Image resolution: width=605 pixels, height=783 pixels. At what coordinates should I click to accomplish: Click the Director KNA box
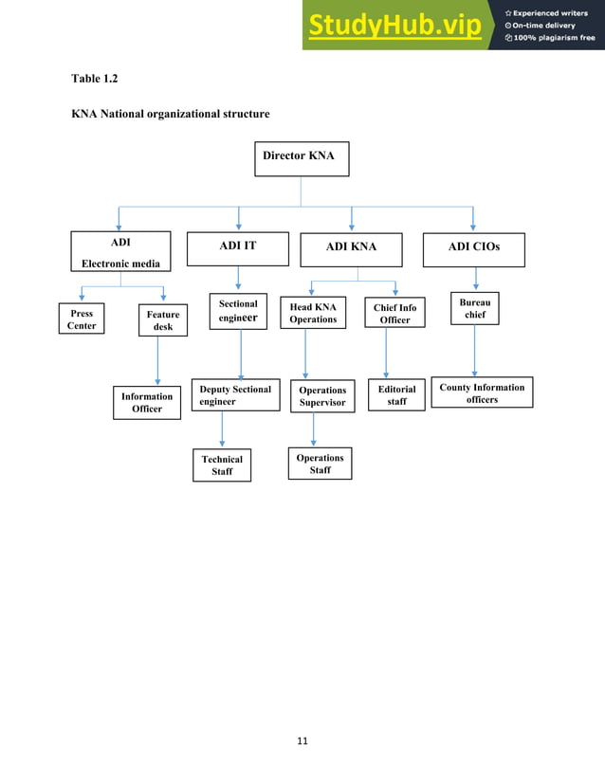click(x=302, y=157)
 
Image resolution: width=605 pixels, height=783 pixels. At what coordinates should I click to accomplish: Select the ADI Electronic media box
click(x=119, y=252)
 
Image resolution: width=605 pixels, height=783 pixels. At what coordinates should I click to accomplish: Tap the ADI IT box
click(x=238, y=247)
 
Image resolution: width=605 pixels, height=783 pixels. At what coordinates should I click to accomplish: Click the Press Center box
click(x=82, y=319)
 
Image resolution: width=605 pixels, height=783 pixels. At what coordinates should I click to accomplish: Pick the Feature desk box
click(x=162, y=320)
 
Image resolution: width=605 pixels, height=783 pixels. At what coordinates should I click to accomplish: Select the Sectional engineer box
click(x=238, y=313)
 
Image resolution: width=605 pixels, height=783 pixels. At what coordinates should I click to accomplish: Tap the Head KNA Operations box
click(x=313, y=314)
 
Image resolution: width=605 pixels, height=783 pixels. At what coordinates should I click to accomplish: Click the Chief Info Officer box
click(x=395, y=314)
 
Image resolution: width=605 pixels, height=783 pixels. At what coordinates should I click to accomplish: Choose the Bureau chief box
click(x=474, y=308)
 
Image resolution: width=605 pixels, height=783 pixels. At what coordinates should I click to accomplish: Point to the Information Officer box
click(x=146, y=403)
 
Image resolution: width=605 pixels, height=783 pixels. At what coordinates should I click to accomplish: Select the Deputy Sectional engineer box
click(x=236, y=396)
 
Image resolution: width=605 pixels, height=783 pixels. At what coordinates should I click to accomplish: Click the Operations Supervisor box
click(x=322, y=396)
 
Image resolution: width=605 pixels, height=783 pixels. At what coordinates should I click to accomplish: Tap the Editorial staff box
click(x=396, y=395)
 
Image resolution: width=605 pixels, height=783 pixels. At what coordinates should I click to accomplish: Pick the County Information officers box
click(x=482, y=393)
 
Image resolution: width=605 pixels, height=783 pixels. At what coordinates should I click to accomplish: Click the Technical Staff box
click(x=222, y=465)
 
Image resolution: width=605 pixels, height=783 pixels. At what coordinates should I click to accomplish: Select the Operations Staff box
click(x=321, y=464)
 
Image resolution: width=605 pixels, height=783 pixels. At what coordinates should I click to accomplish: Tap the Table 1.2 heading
click(x=95, y=77)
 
